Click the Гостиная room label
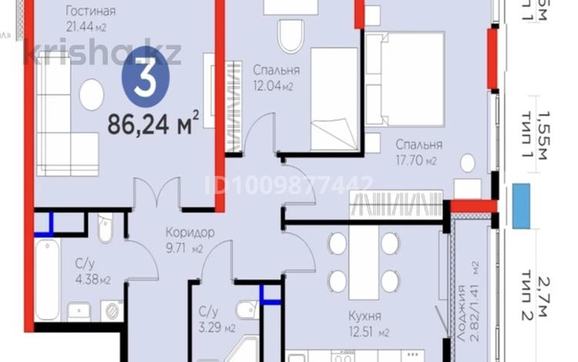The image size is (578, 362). (91, 11)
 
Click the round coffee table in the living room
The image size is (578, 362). (91, 94)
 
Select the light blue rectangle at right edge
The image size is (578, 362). (521, 206)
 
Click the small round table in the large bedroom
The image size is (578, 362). (468, 162)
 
